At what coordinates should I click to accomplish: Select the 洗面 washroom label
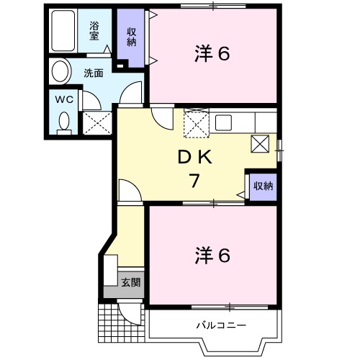92,73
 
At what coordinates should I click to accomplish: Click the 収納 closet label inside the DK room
262,186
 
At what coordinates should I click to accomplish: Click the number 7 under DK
194,181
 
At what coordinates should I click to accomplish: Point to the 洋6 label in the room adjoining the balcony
212,255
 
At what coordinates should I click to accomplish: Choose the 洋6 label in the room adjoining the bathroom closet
212,54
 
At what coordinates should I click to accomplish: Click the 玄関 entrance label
130,282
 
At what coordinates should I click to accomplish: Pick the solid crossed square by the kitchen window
261,143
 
